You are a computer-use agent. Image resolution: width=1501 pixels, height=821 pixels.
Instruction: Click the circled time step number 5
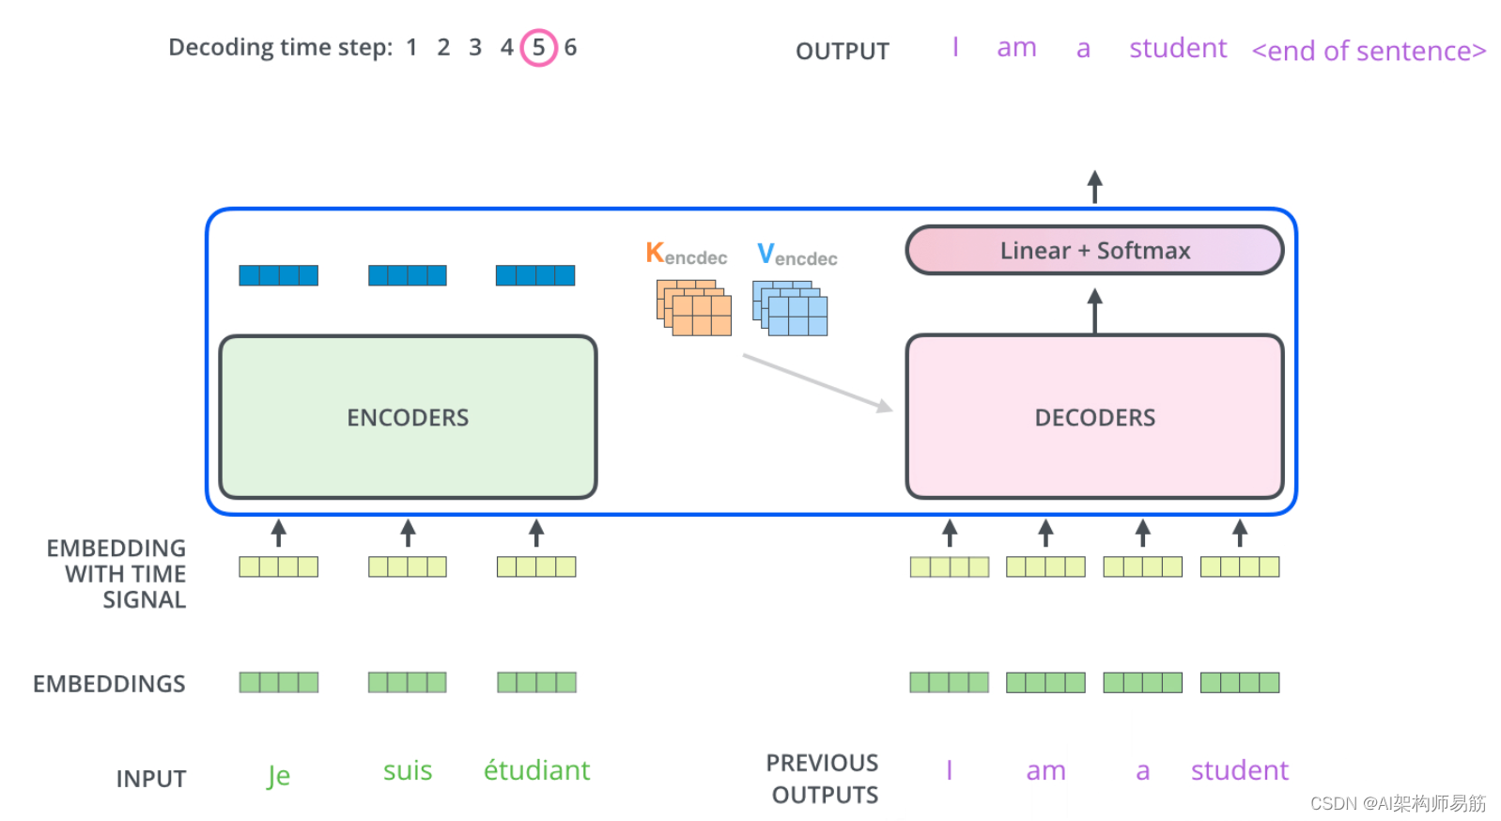[538, 47]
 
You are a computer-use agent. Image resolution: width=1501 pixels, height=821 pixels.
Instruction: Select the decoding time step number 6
[570, 47]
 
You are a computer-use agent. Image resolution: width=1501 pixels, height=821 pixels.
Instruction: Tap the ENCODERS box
[408, 417]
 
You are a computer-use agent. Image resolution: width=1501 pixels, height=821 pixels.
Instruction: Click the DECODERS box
[1094, 417]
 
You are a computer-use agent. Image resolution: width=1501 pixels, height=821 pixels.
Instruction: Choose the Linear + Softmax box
[1094, 251]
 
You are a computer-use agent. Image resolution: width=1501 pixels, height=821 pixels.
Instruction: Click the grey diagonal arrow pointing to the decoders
[817, 382]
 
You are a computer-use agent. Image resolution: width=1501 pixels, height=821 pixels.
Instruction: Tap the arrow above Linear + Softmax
[1094, 187]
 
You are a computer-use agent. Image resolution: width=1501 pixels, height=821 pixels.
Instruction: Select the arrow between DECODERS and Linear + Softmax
[1094, 310]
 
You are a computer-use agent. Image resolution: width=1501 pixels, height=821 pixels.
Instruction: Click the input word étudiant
[536, 770]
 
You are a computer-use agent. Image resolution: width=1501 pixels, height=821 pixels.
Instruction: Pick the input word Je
[278, 775]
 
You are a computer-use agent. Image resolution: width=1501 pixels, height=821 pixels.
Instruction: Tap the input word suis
[408, 770]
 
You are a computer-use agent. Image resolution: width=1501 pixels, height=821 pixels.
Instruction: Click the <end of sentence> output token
[1369, 51]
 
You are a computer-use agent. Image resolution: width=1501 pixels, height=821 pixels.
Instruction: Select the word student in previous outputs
[1239, 770]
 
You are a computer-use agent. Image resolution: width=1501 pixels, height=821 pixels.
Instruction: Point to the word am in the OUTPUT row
[1016, 48]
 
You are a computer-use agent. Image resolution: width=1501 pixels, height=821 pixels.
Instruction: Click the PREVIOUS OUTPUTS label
[824, 779]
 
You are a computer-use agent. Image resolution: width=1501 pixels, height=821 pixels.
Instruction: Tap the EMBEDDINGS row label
[109, 684]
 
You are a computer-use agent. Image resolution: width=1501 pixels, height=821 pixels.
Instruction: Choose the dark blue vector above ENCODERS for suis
[408, 275]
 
